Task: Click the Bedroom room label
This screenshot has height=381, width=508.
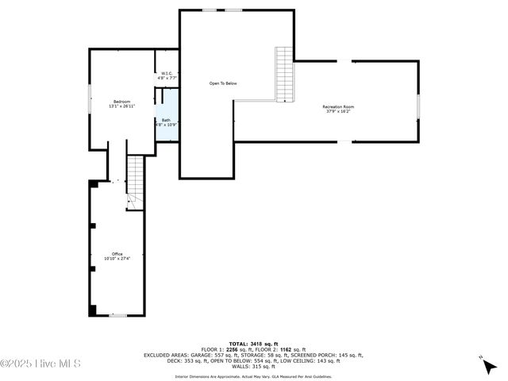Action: point(121,102)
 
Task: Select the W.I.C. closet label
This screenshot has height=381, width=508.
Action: point(166,75)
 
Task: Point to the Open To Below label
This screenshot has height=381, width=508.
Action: point(223,83)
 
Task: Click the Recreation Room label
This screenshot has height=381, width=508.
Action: point(338,106)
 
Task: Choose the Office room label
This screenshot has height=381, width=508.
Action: point(117,254)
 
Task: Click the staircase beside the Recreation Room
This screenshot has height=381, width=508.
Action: point(284,75)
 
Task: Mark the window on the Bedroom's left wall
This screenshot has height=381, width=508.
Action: point(90,100)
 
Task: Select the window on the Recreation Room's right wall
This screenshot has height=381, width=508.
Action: point(418,106)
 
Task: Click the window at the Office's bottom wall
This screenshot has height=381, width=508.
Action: point(117,316)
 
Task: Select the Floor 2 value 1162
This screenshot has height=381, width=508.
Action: point(285,349)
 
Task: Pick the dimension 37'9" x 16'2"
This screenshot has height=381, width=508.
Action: point(338,111)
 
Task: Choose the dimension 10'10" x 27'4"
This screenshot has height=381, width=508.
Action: point(117,259)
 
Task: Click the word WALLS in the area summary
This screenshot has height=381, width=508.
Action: point(241,366)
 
